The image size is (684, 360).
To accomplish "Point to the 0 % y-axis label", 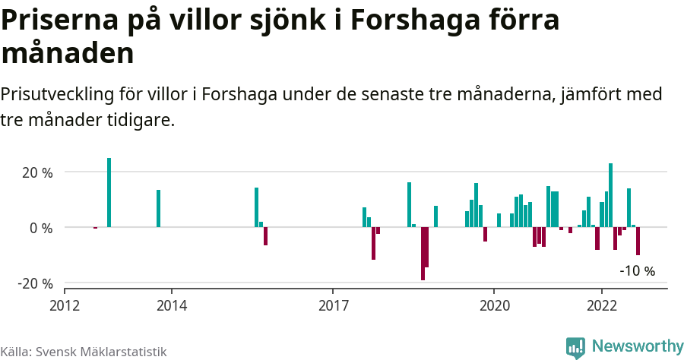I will point(41,228).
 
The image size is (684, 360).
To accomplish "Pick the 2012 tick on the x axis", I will point(65,305).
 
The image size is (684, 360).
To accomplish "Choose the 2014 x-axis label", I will point(172,305).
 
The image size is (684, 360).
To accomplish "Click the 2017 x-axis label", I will point(333,305).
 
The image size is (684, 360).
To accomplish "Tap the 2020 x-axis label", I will point(494,305).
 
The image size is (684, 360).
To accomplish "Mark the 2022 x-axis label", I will point(602,305).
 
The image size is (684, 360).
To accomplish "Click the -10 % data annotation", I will point(637,270).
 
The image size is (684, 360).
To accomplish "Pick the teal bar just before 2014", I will point(159,208).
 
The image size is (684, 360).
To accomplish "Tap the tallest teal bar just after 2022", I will point(610,195).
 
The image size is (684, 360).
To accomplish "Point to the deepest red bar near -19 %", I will point(423,254).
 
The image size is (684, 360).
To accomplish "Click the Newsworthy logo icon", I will point(575,347).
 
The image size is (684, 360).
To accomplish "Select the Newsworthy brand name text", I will point(637,346).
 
